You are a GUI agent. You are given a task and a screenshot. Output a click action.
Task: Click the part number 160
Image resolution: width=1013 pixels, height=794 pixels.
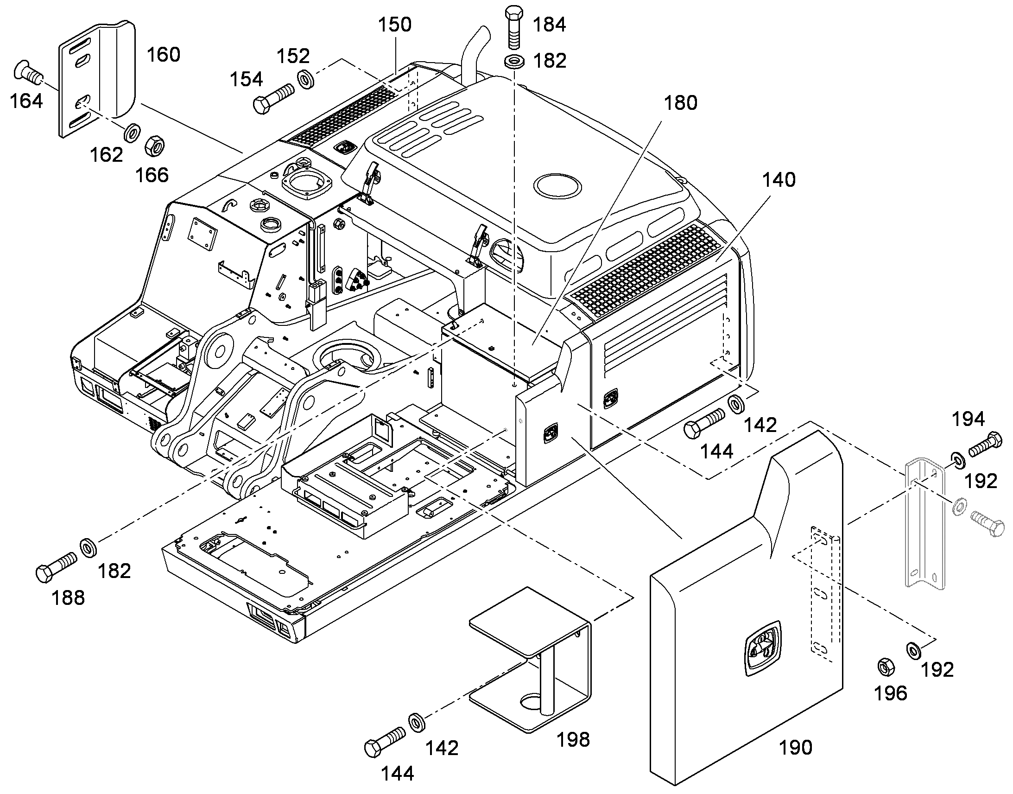point(163,55)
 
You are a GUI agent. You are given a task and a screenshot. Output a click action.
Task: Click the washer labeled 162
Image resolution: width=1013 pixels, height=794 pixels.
point(132,133)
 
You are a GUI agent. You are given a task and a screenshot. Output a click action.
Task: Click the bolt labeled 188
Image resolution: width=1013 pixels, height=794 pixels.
point(56,567)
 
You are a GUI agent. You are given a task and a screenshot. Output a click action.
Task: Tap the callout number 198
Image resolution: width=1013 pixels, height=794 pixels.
point(573,739)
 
